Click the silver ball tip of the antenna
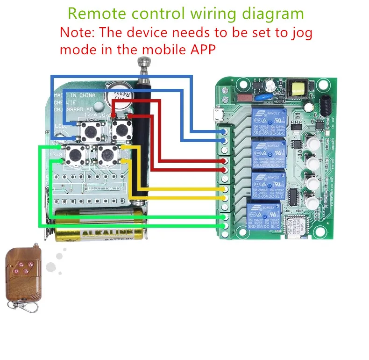(143, 62)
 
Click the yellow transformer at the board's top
(296, 88)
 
